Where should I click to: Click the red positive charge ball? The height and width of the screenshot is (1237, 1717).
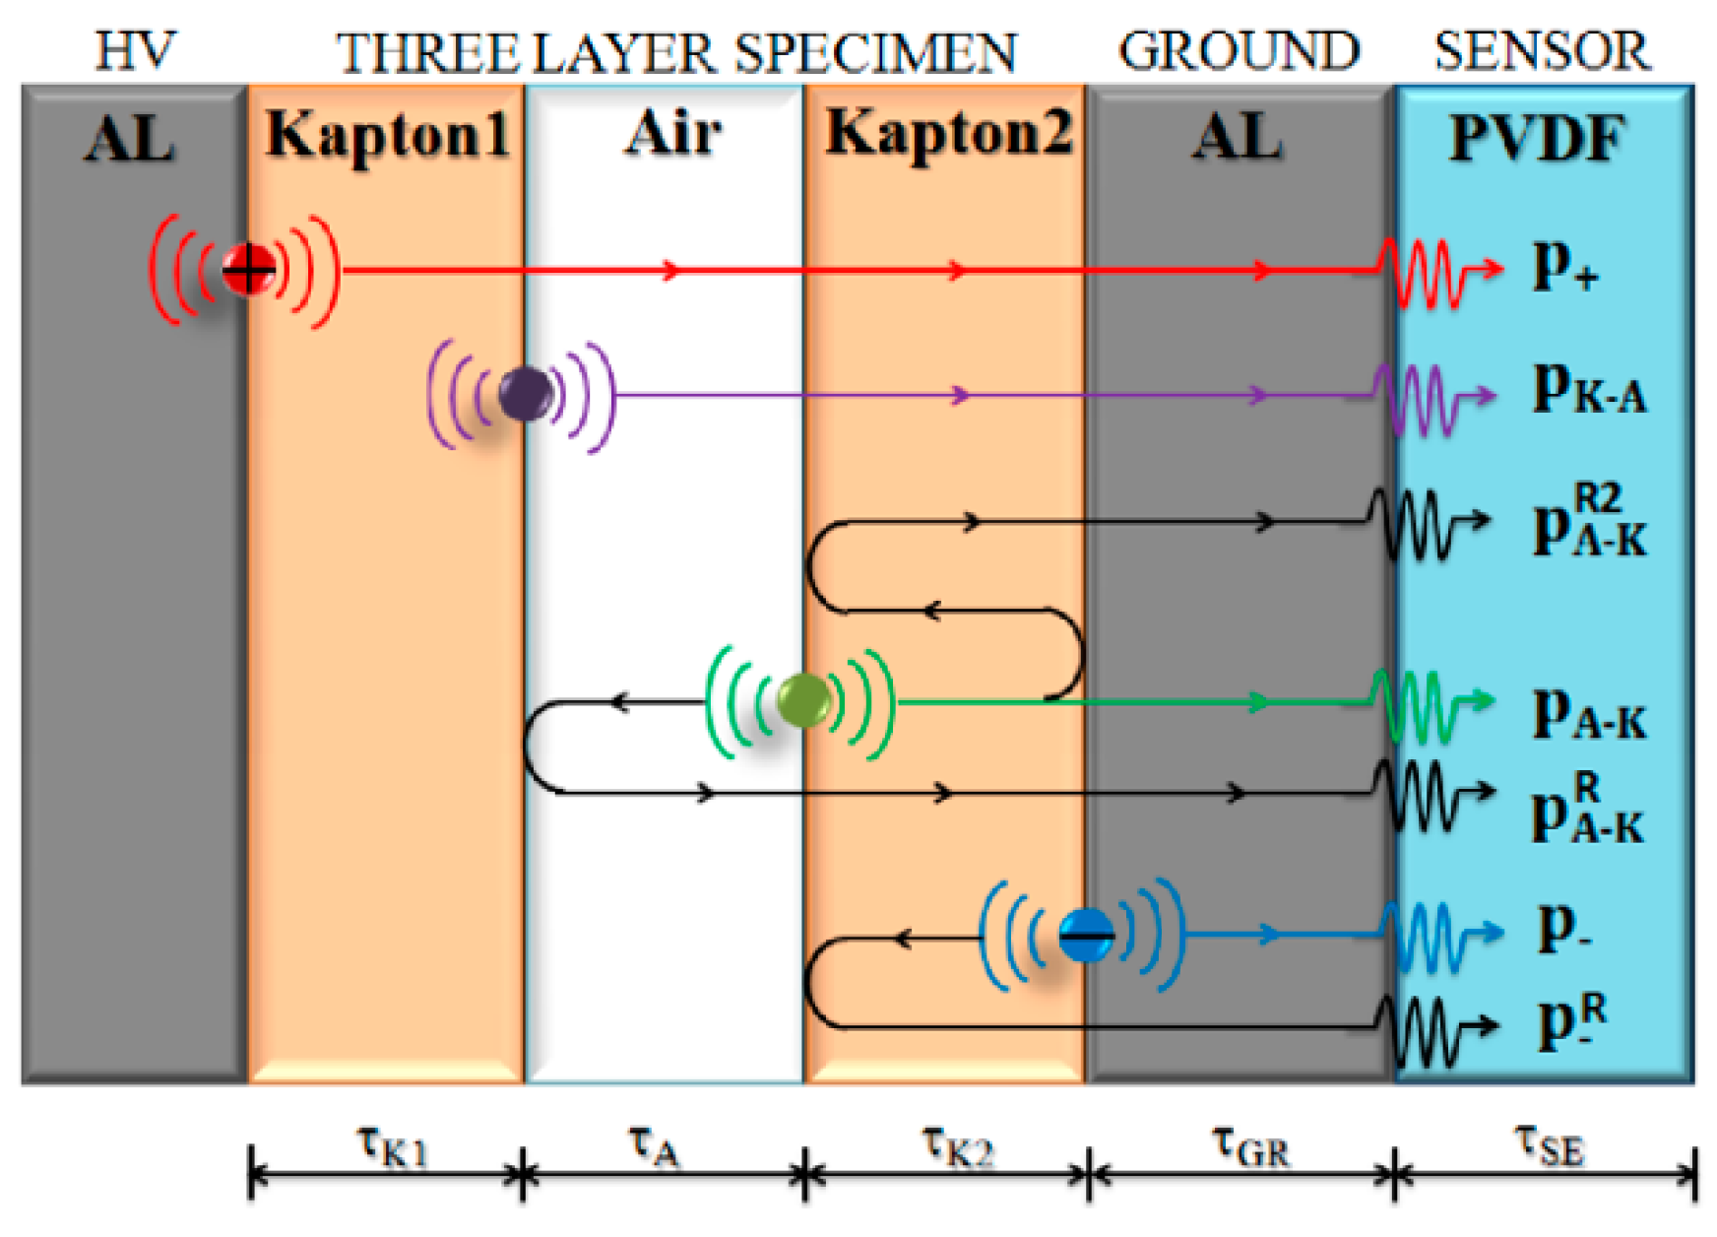247,269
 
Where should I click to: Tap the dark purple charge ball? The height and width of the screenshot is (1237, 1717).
525,394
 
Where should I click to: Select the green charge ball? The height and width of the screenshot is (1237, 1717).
802,700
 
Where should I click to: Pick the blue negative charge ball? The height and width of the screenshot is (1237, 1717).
1086,934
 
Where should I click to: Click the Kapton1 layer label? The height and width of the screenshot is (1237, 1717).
387,134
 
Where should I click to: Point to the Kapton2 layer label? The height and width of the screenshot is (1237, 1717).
948,132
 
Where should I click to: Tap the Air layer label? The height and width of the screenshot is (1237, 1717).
672,132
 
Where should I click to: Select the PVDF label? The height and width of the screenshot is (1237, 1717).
1537,138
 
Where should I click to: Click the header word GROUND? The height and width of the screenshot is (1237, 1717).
1239,51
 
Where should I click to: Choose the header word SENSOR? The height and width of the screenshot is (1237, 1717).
1542,51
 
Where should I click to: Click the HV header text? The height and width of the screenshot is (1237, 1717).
135,51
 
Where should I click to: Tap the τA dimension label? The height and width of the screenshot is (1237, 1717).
654,1145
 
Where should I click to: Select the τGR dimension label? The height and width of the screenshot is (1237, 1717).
1249,1145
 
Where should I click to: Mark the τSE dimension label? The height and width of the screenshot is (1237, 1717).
1549,1145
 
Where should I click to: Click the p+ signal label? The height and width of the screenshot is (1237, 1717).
1563,268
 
